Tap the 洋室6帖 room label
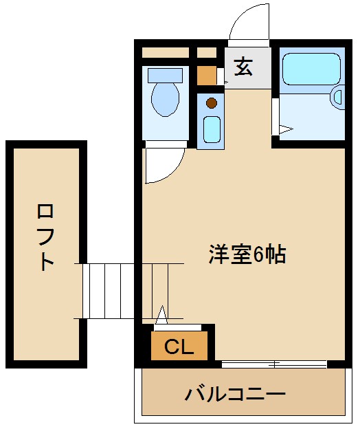[x=247, y=255]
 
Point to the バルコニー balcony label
[x=235, y=395]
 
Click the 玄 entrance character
[x=244, y=67]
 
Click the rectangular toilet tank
[x=166, y=75]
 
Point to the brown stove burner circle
[x=212, y=104]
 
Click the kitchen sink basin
[x=212, y=129]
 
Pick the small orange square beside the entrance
[x=207, y=74]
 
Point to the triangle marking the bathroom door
[x=286, y=129]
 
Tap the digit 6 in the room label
[x=258, y=255]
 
